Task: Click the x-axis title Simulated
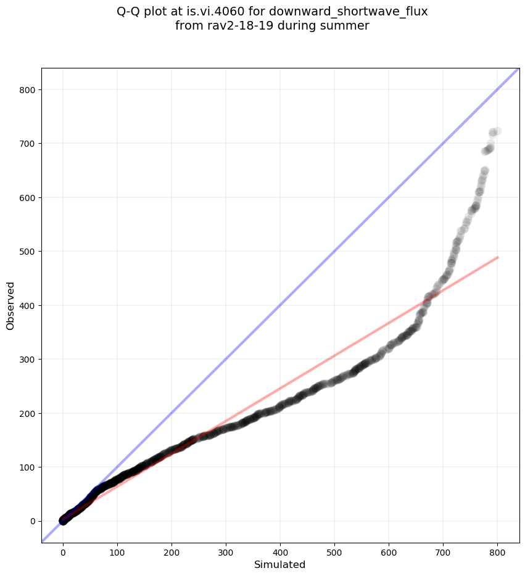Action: pyautogui.click(x=280, y=565)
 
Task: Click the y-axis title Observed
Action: pyautogui.click(x=10, y=305)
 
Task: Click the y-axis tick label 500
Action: pyautogui.click(x=27, y=252)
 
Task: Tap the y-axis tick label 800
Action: pyautogui.click(x=27, y=90)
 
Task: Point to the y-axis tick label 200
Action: pyautogui.click(x=27, y=413)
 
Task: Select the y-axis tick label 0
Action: pyautogui.click(x=32, y=521)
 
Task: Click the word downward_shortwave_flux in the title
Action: pyautogui.click(x=349, y=11)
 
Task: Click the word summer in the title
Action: pyautogui.click(x=348, y=26)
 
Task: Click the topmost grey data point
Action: pyautogui.click(x=497, y=131)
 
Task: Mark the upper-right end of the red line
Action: pyautogui.click(x=497, y=257)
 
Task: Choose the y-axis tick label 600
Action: pyautogui.click(x=27, y=198)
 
